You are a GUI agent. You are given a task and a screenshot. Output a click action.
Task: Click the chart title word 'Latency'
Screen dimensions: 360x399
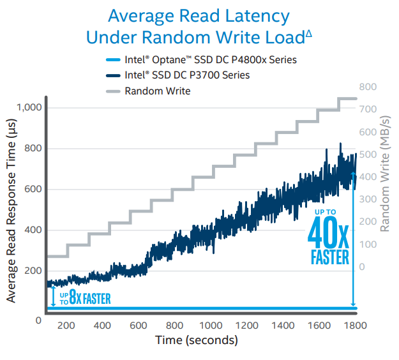click(255, 16)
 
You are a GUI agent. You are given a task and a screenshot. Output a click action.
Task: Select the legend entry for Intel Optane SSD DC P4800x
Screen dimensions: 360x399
click(211, 60)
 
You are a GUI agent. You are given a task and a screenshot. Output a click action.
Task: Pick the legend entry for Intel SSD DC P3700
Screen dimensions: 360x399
click(187, 75)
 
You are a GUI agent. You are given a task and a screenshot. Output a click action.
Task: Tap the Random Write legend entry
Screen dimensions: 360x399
click(158, 91)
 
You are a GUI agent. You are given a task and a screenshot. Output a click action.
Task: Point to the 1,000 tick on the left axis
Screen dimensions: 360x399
click(28, 108)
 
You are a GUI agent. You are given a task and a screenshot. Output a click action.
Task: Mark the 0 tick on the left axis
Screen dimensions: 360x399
click(38, 319)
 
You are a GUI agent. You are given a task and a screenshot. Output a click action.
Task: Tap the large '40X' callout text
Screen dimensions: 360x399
click(328, 234)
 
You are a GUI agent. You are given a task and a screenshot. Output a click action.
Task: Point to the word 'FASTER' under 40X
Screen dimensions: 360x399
click(329, 258)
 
